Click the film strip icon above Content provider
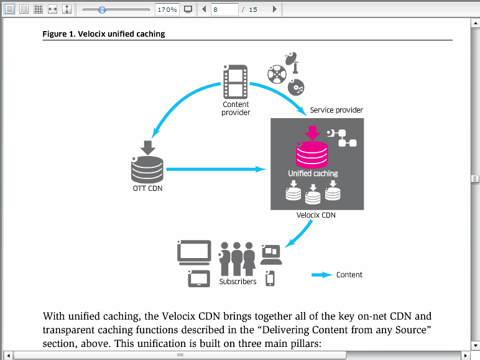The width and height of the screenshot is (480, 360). click(x=235, y=81)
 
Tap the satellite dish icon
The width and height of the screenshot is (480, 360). click(x=292, y=63)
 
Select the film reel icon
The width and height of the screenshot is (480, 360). click(x=277, y=74)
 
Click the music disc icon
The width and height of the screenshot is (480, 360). click(x=296, y=87)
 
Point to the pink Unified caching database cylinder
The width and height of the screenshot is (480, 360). click(x=312, y=154)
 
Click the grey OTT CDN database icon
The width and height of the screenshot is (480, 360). click(x=147, y=170)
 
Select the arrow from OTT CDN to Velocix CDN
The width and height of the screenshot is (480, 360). click(x=216, y=169)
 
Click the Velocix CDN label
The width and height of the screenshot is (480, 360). click(x=316, y=215)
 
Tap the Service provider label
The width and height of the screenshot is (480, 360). click(x=336, y=110)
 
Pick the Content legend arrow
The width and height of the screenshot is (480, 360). click(x=321, y=275)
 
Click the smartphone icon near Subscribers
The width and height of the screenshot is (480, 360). click(x=270, y=279)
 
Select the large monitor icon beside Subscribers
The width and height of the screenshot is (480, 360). click(x=194, y=252)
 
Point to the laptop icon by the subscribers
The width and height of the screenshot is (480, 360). click(x=271, y=255)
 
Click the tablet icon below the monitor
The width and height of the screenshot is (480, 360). click(x=199, y=279)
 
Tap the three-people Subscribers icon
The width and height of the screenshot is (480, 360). click(x=238, y=259)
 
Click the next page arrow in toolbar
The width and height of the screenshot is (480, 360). click(x=275, y=9)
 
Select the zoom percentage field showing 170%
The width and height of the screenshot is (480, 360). click(x=167, y=9)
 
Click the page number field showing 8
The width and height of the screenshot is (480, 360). click(x=224, y=9)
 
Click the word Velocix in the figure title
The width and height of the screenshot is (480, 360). click(x=91, y=34)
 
